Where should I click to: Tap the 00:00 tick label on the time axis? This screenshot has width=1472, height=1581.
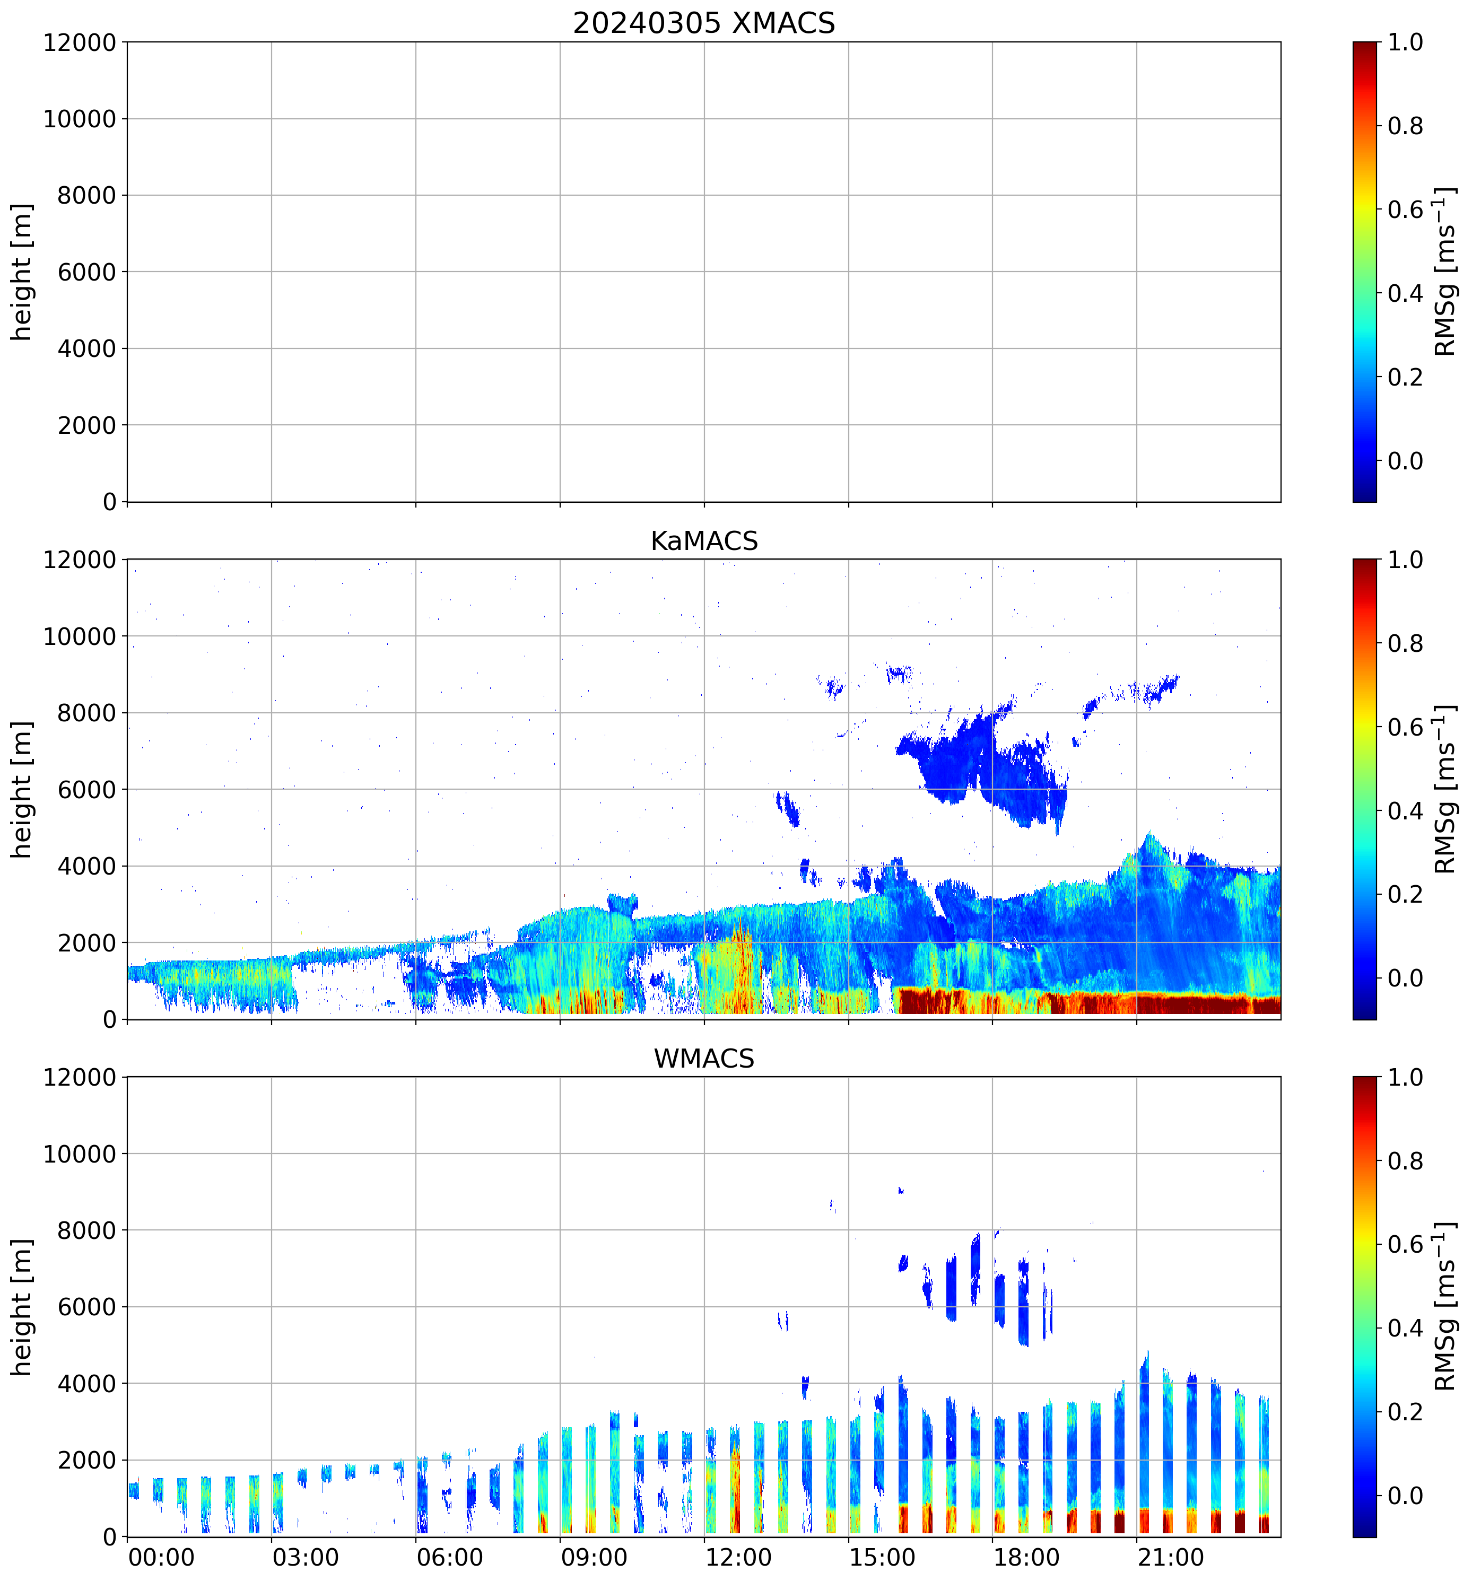161,1557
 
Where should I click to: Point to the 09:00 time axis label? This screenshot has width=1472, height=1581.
593,1557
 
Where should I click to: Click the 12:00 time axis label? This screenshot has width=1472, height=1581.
737,1557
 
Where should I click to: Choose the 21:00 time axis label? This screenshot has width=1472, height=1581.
1170,1557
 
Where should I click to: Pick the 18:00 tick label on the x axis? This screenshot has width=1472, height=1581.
1026,1557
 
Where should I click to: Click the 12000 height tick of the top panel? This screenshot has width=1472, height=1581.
80,42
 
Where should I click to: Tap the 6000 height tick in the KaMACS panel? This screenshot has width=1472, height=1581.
86,790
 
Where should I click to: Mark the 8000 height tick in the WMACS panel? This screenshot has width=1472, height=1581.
86,1230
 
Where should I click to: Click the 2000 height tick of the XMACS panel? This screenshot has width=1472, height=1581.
86,425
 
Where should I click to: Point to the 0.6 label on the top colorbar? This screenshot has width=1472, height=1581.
1405,210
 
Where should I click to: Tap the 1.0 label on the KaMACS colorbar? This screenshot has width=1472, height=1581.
1405,560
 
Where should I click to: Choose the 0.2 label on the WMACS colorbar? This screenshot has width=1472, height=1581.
1405,1412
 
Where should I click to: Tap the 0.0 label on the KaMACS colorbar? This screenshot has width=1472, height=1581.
1405,978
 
